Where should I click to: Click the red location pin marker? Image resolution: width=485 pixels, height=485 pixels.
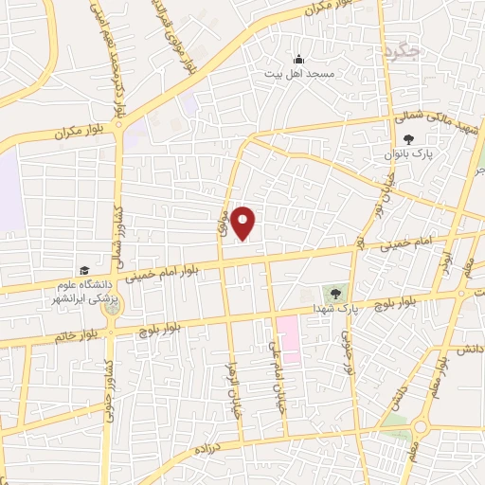coord(243,222)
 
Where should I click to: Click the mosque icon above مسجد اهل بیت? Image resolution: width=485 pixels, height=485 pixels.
coord(298,58)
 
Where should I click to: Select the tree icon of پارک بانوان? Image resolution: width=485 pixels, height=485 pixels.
coord(408,139)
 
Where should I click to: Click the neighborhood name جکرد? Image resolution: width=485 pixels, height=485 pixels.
coord(402,52)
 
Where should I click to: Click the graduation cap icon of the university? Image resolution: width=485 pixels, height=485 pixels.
coord(85,271)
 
